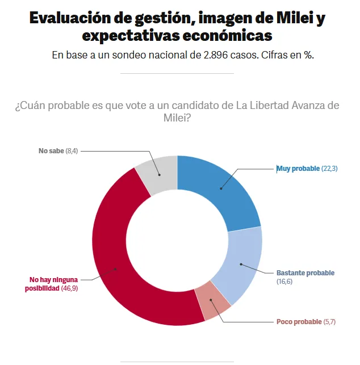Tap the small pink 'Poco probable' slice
point(211,302)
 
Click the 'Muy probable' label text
point(298,169)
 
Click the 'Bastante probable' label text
point(305,273)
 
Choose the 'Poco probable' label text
point(299,322)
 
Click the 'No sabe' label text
point(51,150)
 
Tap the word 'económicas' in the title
point(225,36)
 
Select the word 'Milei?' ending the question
point(177,118)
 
